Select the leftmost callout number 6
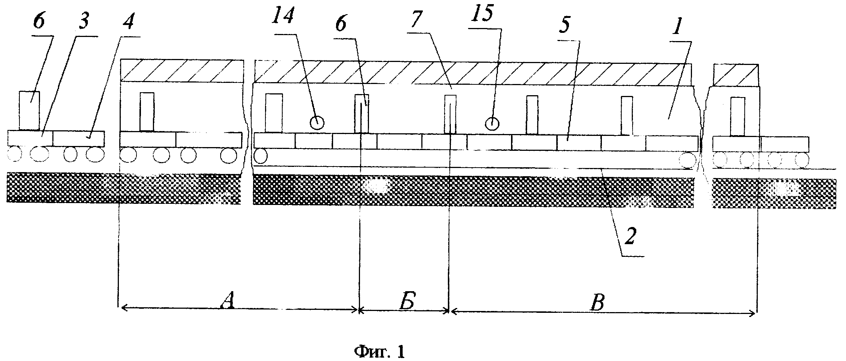tap(39, 22)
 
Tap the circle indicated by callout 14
tap(317, 122)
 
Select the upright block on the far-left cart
tap(29, 111)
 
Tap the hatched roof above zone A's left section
tap(182, 70)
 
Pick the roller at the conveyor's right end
tap(688, 160)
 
